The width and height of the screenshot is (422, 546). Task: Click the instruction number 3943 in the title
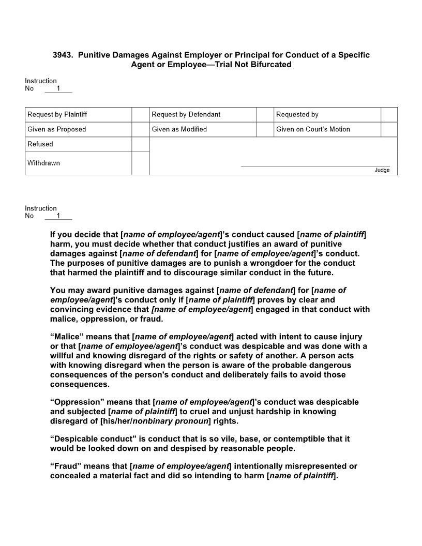pos(63,55)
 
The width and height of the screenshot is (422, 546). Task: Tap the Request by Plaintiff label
pos(57,114)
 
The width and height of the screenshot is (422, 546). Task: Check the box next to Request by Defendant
pos(264,114)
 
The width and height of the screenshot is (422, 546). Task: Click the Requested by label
pos(297,114)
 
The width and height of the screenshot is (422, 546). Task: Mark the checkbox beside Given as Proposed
pos(140,129)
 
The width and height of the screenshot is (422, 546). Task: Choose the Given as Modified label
pos(179,129)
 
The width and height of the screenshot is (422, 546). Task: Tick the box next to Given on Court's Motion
pos(389,129)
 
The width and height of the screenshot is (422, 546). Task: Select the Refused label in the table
pos(40,144)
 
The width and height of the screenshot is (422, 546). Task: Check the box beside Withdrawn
pos(140,163)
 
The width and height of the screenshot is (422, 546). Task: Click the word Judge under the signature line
pos(382,170)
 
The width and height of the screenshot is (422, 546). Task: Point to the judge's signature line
pos(315,166)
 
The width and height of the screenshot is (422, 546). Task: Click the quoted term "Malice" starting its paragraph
pos(67,337)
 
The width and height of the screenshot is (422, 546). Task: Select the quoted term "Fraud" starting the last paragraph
pos(66,466)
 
